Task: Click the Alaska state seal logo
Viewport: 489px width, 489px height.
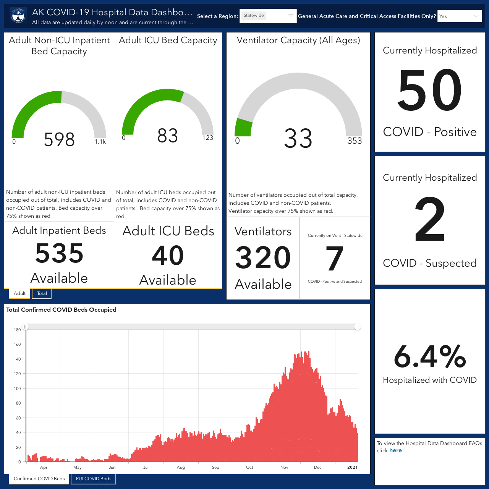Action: coord(18,16)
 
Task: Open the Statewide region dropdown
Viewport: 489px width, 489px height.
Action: coord(268,16)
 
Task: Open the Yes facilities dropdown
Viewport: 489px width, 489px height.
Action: coord(459,16)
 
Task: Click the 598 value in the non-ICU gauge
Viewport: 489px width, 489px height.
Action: coord(59,139)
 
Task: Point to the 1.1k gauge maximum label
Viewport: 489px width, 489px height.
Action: coord(100,142)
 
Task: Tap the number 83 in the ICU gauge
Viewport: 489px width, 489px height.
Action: coord(167,136)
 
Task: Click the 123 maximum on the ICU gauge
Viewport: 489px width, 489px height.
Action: coord(207,138)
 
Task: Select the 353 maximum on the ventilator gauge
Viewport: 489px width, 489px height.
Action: coord(355,141)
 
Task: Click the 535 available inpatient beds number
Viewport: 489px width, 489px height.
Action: coord(59,253)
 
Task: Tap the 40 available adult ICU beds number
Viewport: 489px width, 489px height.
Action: coord(168,255)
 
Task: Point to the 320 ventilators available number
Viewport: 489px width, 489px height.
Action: coord(263,257)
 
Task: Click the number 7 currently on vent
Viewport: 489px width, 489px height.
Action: coord(334,258)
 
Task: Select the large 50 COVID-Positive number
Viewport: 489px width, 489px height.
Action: coord(430,90)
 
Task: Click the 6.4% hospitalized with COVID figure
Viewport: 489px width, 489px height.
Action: coord(430,356)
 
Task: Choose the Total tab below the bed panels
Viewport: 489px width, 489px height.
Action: coord(42,293)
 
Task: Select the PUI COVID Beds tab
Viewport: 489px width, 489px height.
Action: coord(93,479)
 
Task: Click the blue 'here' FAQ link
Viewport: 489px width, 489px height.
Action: coord(395,450)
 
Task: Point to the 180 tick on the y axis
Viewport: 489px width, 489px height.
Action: coord(17,330)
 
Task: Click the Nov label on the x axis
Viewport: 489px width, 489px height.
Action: coord(284,467)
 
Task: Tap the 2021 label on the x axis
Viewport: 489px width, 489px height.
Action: coord(352,467)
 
